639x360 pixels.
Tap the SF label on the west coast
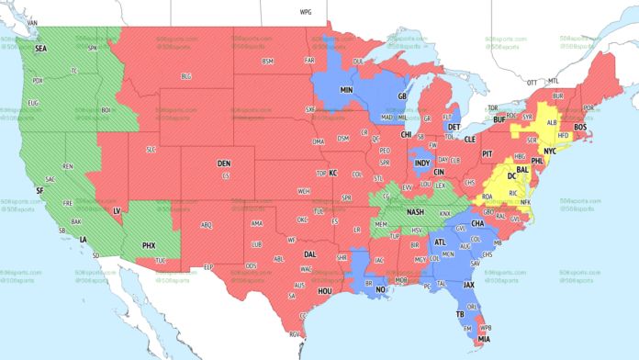39,189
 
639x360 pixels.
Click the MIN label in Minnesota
347,91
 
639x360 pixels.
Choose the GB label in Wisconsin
401,96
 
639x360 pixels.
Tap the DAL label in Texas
310,253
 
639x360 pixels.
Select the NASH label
415,211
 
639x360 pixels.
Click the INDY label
421,163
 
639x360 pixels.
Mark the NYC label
550,150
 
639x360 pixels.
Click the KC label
333,173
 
